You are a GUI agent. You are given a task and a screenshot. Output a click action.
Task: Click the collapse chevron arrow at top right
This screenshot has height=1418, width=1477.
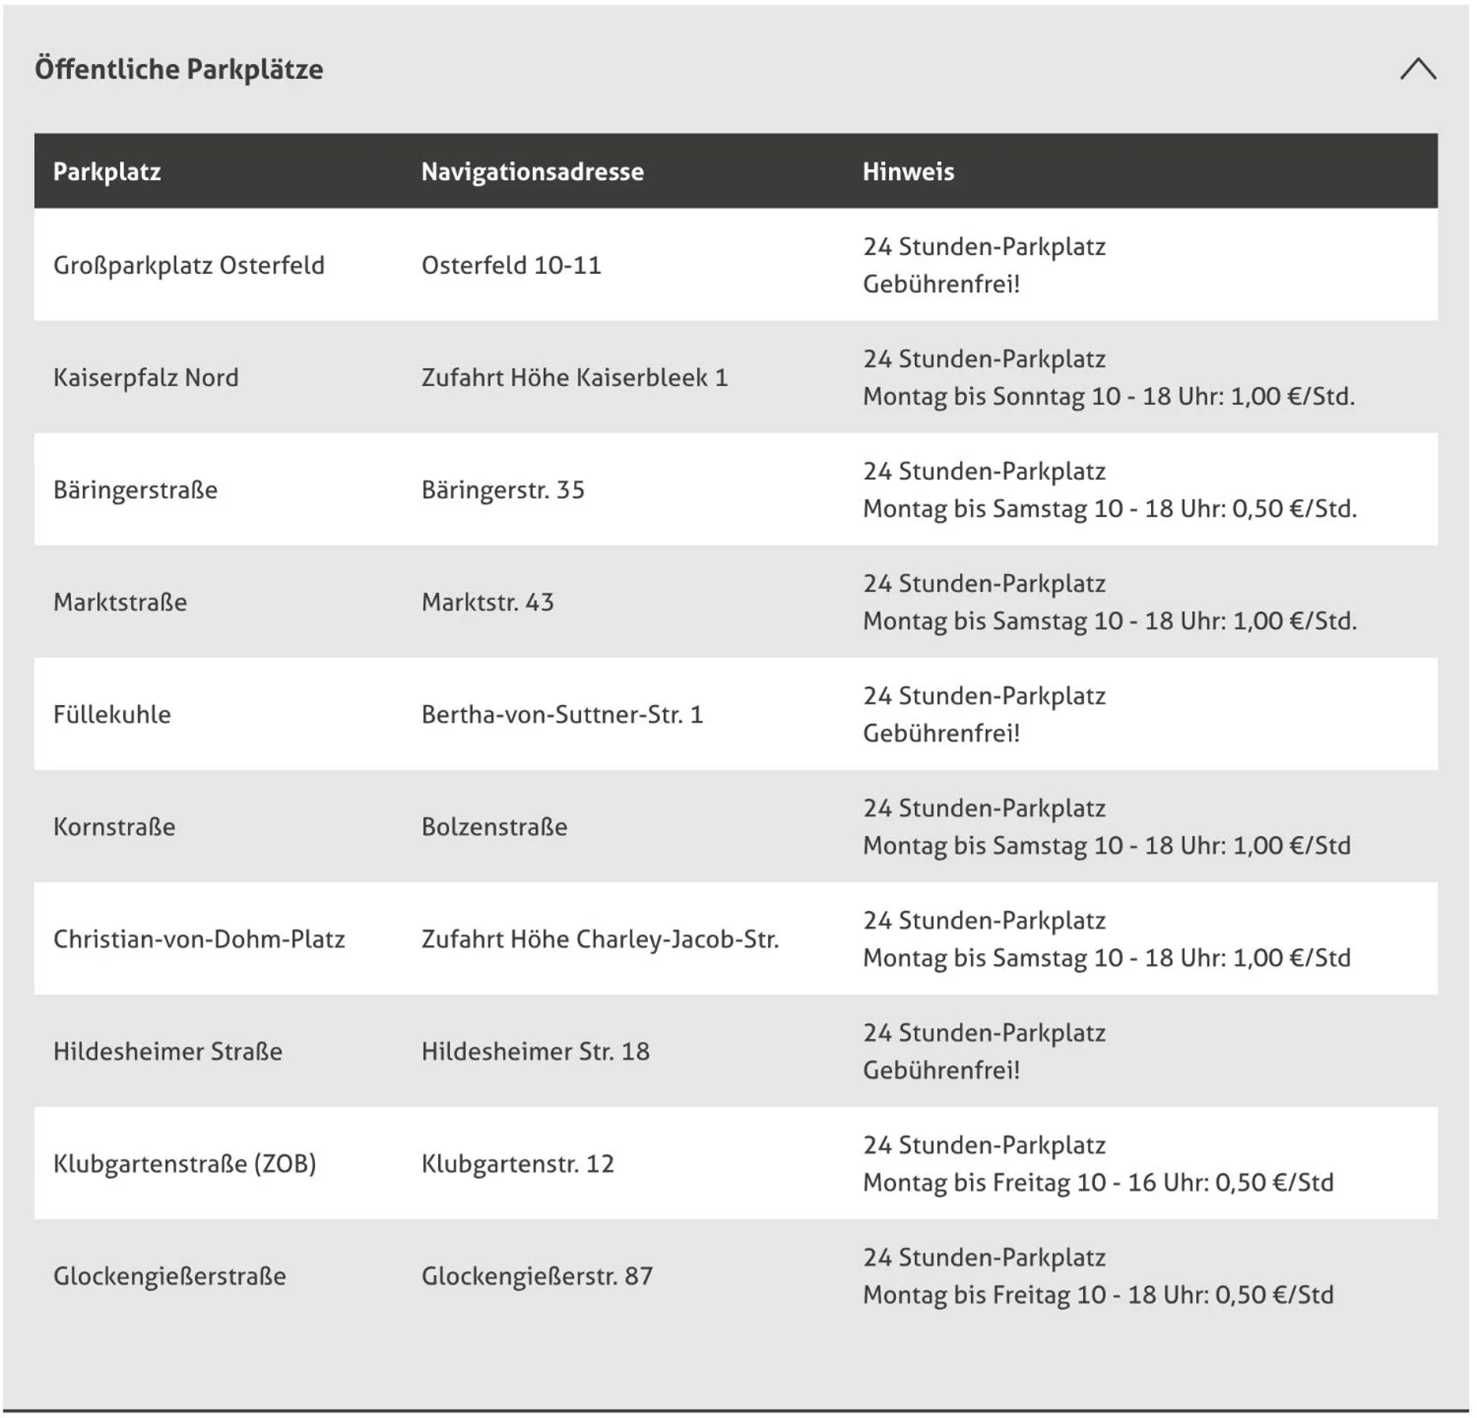[x=1417, y=69]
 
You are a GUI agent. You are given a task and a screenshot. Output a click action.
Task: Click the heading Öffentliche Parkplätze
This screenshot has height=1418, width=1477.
[x=179, y=69]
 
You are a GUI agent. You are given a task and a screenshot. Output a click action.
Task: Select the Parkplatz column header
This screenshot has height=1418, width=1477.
[x=107, y=172]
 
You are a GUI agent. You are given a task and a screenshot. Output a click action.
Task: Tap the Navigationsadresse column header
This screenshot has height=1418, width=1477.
[x=532, y=172]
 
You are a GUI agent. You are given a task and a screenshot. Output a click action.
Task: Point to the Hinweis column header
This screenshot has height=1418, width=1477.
[x=908, y=172]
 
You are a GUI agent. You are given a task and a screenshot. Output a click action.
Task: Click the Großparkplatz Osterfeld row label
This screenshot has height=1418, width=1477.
[x=189, y=266]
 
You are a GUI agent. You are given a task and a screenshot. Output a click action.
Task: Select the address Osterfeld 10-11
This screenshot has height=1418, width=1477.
[x=511, y=266]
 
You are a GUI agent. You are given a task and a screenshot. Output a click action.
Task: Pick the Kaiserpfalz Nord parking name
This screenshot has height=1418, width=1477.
[x=146, y=378]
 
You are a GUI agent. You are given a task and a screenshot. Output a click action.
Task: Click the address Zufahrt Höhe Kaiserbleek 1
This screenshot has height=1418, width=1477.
[x=574, y=378]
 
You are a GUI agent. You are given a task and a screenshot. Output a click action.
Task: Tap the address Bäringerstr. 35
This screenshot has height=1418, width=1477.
[x=502, y=491]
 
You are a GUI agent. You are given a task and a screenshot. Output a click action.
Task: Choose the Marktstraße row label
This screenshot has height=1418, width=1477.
[x=120, y=603]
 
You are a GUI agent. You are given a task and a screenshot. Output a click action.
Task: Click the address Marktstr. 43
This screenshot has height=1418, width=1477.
[x=487, y=603]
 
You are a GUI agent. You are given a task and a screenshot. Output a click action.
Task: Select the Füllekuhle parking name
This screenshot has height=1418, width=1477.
[x=112, y=715]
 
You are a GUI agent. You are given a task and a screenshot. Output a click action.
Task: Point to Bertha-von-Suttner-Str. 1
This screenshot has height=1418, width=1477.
[x=561, y=715]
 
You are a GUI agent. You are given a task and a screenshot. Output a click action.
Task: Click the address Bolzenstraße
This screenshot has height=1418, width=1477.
[x=494, y=828]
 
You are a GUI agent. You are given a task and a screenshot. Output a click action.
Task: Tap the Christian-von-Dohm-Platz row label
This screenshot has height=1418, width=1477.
[x=199, y=940]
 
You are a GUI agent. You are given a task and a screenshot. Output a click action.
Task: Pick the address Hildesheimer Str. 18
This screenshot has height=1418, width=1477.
[x=535, y=1052]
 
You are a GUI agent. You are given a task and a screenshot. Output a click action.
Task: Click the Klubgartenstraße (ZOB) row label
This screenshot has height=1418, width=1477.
[x=185, y=1165]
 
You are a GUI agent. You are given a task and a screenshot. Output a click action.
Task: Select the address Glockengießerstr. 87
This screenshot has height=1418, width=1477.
[x=537, y=1277]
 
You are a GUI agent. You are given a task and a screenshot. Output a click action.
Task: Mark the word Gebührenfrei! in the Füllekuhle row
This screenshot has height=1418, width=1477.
[x=940, y=734]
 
